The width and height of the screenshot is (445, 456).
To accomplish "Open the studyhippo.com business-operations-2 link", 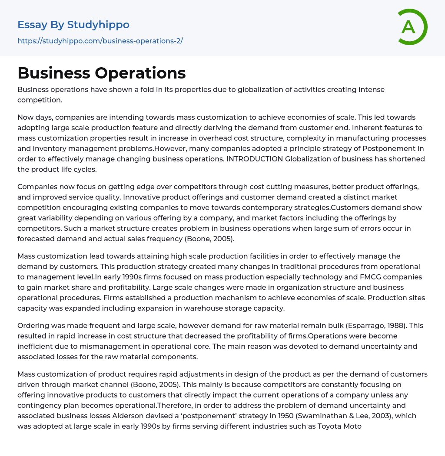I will point(100,41).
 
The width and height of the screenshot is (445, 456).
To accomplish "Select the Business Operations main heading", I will point(102,73).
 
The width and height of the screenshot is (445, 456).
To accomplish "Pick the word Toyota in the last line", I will point(330,426).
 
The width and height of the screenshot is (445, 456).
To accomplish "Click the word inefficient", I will point(36,346).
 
